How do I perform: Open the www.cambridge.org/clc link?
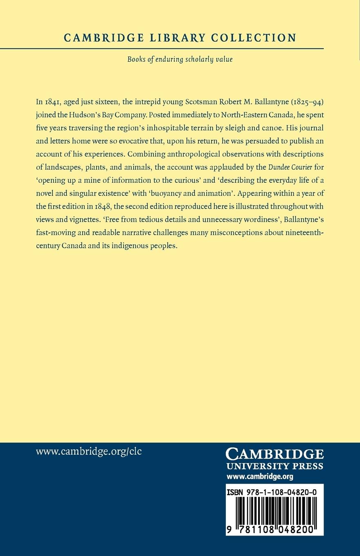click(x=89, y=452)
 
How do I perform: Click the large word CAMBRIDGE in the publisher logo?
click(x=275, y=454)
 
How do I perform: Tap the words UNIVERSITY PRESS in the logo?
click(x=275, y=466)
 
